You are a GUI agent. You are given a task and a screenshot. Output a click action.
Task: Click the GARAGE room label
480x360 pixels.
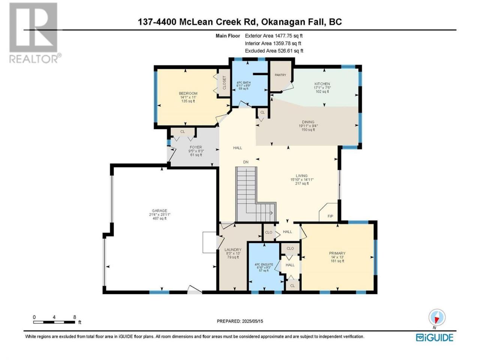159,210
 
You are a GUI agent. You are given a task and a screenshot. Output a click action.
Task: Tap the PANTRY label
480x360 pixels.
280,75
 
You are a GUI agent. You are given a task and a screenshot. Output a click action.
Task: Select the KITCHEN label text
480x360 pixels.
322,84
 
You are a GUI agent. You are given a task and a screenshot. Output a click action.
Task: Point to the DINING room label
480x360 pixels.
308,122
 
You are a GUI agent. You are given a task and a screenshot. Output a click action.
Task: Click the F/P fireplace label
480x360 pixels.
330,216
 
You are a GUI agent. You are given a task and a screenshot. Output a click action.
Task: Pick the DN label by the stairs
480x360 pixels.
246,162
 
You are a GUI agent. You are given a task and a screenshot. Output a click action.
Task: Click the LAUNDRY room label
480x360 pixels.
233,250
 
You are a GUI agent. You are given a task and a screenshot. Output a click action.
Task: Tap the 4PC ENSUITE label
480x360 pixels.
264,264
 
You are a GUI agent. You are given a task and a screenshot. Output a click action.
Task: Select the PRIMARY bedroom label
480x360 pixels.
337,253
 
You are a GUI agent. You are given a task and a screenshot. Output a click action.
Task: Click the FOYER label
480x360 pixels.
196,147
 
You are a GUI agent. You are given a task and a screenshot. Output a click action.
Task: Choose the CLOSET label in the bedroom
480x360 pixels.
224,82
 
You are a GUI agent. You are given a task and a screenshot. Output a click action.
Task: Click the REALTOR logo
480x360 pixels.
35,33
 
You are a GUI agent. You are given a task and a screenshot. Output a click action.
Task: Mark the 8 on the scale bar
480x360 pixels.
75,317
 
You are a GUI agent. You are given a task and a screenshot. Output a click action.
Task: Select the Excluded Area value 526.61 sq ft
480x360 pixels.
290,51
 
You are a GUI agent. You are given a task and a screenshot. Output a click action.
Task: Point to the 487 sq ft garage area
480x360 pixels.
159,218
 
